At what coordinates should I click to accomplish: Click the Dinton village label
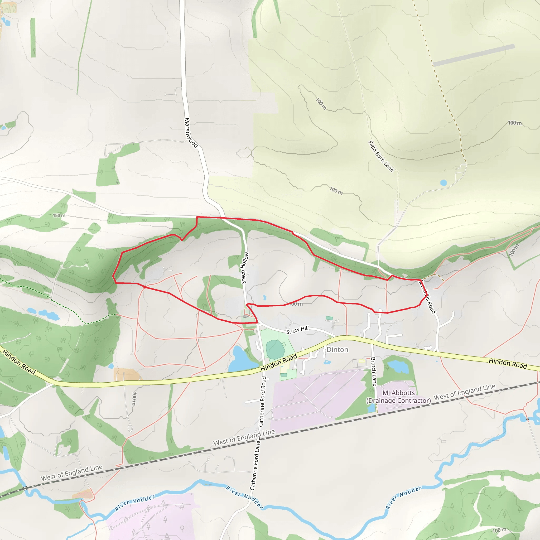point(337,350)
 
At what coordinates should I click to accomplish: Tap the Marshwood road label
point(191,133)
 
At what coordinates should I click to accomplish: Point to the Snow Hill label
point(297,330)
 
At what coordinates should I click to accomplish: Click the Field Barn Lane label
point(381,157)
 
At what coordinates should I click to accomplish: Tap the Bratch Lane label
point(374,372)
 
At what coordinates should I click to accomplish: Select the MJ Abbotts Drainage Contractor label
point(399,397)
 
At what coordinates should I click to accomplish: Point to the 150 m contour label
point(59,215)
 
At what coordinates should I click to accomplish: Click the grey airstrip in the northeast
point(474,55)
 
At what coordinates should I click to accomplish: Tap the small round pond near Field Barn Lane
point(443,183)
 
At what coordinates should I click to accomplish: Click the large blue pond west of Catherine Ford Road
point(242,359)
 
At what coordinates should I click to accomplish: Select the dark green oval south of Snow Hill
point(275,349)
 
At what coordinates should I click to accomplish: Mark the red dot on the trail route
point(145,287)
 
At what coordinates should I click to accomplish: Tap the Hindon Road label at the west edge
point(19,361)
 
